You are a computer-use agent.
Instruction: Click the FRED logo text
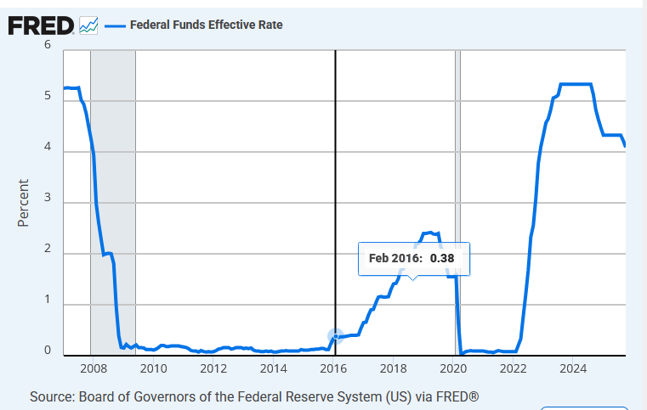coord(40,25)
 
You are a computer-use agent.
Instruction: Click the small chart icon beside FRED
coord(88,25)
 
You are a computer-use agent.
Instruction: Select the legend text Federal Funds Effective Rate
coord(206,25)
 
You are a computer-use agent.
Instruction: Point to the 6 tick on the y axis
coord(48,45)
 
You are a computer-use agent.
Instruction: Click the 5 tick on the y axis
coord(48,96)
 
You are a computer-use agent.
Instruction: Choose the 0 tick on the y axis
coord(48,350)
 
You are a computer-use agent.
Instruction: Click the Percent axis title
coord(24,202)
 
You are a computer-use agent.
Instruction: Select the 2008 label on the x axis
coord(93,368)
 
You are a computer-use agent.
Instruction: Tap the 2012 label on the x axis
coord(213,368)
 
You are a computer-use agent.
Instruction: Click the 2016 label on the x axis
coord(333,368)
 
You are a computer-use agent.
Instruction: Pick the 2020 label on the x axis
coord(453,368)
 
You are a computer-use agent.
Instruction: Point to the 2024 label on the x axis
coord(573,368)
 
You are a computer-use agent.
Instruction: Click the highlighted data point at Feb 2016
coord(336,336)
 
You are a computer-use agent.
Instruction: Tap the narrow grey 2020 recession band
coord(457,170)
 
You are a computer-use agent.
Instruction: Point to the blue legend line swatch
coord(115,25)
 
